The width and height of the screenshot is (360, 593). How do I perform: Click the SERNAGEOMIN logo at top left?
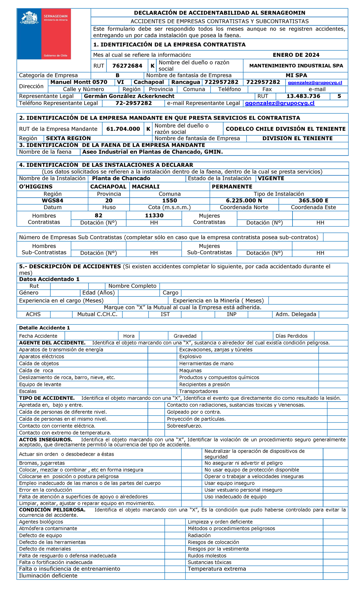44,34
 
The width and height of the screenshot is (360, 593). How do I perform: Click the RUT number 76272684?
127,66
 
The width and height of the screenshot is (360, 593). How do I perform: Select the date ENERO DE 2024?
296,55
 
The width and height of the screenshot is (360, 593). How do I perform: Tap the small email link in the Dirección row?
315,83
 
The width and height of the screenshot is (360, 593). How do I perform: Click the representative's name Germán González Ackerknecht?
129,96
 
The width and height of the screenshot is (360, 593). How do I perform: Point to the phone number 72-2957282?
133,103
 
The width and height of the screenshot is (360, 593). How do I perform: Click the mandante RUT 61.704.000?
123,129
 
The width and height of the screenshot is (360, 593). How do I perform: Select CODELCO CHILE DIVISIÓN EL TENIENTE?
285,129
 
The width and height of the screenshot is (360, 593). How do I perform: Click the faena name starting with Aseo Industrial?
152,152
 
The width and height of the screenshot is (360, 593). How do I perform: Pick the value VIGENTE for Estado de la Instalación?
271,178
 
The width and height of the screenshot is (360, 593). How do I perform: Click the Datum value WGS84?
52,200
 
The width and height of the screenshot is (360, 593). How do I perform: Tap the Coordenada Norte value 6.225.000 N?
244,200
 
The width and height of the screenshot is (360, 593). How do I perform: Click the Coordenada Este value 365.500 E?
313,200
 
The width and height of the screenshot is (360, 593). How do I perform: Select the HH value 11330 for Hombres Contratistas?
154,215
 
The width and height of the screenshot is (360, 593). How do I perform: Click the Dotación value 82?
98,215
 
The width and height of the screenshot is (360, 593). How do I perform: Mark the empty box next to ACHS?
61,314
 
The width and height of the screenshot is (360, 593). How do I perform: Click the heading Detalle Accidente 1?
44,328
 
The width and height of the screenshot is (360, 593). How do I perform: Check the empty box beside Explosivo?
333,357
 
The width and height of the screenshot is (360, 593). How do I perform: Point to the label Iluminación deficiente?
48,576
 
